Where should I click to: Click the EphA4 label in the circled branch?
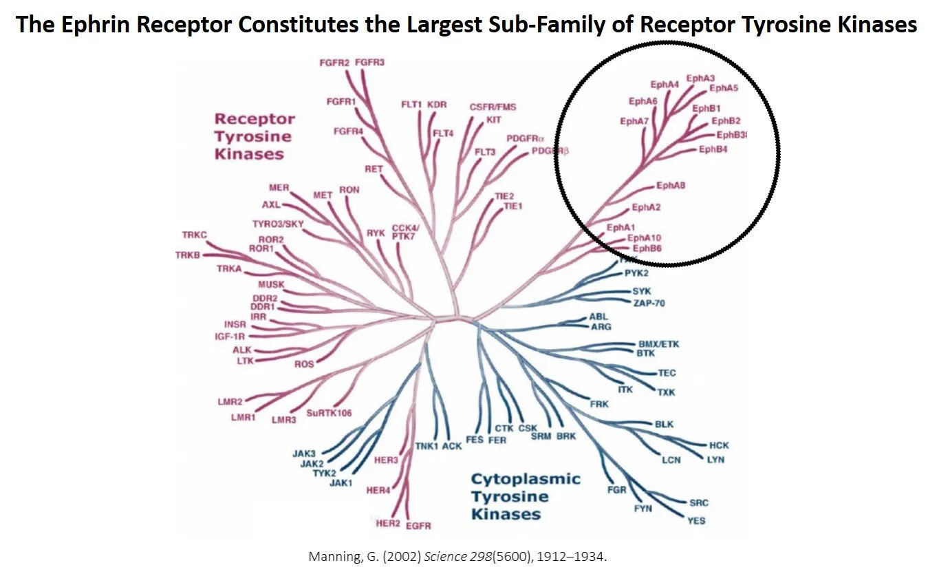tap(665, 85)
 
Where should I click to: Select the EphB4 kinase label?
tap(713, 149)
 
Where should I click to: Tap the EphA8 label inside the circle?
tap(671, 185)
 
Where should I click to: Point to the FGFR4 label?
tap(348, 131)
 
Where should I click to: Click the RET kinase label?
tap(374, 169)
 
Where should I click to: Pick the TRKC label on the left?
tap(195, 235)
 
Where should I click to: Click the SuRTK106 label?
tap(329, 413)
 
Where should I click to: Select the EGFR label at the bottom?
tap(418, 526)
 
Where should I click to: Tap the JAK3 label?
tap(303, 454)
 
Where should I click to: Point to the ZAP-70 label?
tap(649, 303)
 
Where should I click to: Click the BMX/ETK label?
tap(658, 343)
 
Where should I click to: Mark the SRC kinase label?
tap(698, 502)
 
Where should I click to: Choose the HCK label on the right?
tap(719, 445)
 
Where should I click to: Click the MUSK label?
tap(271, 285)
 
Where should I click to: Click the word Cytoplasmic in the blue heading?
tap(526, 479)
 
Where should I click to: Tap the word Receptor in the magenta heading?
tap(255, 119)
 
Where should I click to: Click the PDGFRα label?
tap(525, 138)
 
